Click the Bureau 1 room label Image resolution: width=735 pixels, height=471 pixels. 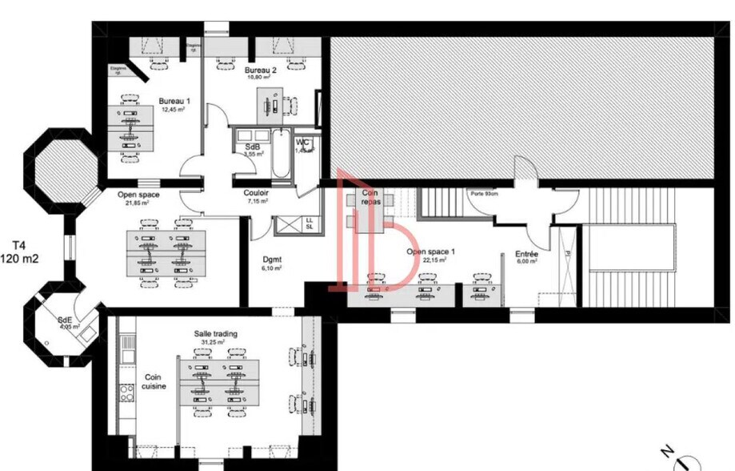174,101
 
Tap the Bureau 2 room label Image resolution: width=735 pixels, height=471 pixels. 261,70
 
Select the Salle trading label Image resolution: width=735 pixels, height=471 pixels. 215,333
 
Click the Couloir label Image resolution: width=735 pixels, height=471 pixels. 256,193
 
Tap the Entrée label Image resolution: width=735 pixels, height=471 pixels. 526,254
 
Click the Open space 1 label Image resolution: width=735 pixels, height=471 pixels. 430,252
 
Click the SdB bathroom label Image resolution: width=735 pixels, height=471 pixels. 252,147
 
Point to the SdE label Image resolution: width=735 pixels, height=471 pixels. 64,320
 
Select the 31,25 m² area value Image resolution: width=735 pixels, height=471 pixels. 214,342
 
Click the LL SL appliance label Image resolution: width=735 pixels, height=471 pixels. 309,223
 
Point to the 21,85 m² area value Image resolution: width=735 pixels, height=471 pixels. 138,203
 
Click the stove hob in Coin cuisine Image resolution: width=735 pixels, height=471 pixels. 126,392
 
